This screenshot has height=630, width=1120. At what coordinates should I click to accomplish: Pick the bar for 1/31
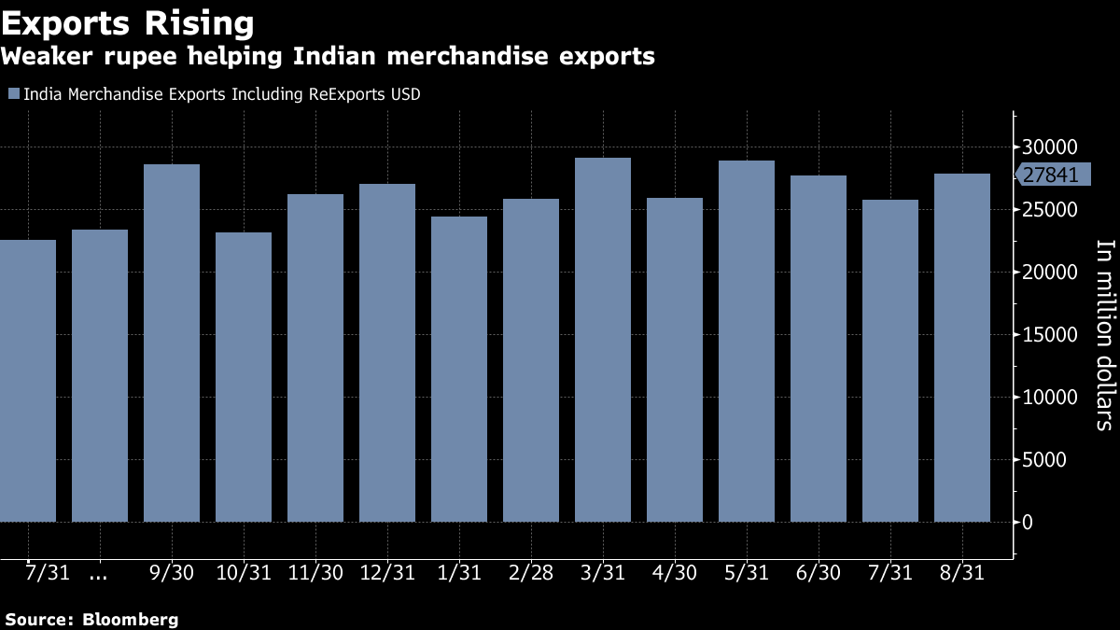coord(459,369)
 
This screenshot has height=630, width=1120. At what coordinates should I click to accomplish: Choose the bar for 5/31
coord(747,341)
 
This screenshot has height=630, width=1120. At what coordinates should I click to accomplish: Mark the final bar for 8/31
coord(962,347)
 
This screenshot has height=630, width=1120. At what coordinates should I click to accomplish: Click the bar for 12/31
coord(387,352)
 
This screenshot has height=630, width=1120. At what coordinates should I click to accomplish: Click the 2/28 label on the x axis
coord(530,573)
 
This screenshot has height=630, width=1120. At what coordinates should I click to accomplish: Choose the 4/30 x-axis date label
coord(674,573)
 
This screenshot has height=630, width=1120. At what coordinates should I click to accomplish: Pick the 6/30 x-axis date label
coord(818,573)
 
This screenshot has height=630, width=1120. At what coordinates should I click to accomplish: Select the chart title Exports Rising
coord(127,22)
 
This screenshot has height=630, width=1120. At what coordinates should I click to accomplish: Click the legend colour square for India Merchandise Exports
coord(13,93)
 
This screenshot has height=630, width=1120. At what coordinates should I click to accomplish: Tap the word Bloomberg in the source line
coord(130,619)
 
